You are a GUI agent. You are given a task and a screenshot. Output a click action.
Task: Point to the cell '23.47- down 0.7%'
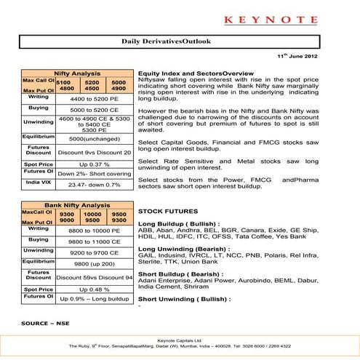94,185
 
